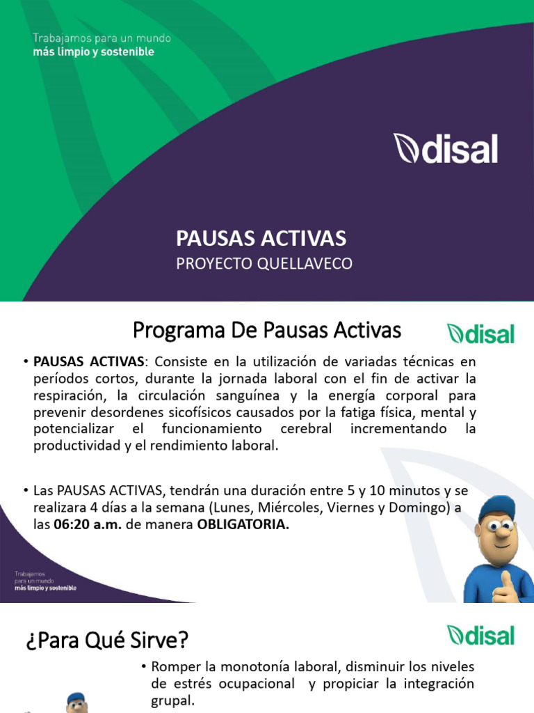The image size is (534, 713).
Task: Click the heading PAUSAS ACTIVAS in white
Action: (x=261, y=239)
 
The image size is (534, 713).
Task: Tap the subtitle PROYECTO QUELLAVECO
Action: (x=264, y=263)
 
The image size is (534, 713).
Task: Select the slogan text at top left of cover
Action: (x=102, y=45)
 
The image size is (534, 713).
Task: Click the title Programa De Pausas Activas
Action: (x=266, y=331)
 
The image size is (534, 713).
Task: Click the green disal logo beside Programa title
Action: (x=480, y=334)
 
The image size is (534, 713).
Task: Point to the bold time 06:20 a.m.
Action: (x=88, y=525)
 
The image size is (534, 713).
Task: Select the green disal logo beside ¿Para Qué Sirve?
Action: (x=480, y=635)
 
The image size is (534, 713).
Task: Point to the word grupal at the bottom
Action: (x=172, y=700)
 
